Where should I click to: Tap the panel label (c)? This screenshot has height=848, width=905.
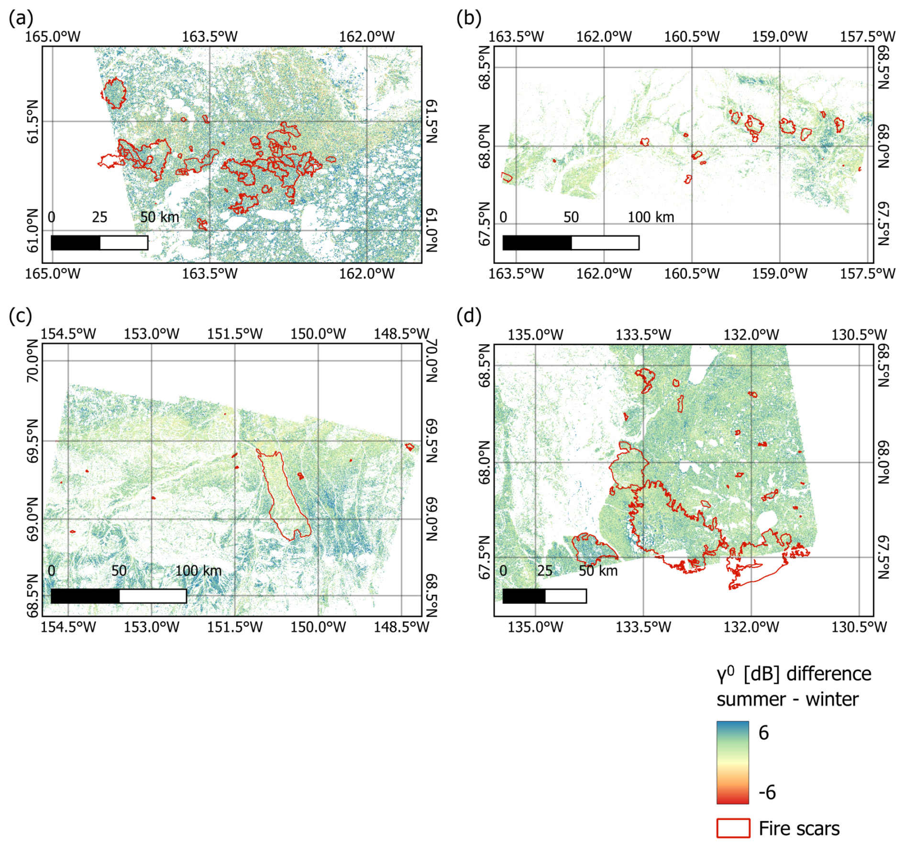coord(21,316)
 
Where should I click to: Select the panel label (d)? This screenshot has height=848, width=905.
coord(469,316)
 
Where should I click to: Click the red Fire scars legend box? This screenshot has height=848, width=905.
coord(732,828)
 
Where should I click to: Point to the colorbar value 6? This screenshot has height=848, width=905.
coord(763,733)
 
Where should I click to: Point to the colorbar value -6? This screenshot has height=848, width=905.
coord(767,792)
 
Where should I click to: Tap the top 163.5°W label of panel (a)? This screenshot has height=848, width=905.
coord(210,36)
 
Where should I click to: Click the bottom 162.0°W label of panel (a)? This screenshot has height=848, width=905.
coord(367,273)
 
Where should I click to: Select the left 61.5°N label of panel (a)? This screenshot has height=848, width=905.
coord(32,121)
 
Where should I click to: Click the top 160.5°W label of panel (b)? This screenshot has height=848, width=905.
coord(692,36)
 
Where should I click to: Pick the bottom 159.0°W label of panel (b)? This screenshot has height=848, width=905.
coord(780,273)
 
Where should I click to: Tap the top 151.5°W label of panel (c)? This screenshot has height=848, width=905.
coord(235,334)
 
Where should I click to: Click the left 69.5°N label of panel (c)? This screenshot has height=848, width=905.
coord(32,441)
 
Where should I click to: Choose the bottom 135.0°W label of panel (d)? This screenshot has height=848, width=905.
coord(535,627)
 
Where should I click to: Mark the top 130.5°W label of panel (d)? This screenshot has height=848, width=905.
coord(859,334)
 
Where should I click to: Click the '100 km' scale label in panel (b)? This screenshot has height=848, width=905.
coord(651,217)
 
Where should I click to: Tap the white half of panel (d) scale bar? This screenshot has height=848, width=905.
coord(566,596)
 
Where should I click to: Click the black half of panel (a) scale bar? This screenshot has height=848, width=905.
coord(76,243)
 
